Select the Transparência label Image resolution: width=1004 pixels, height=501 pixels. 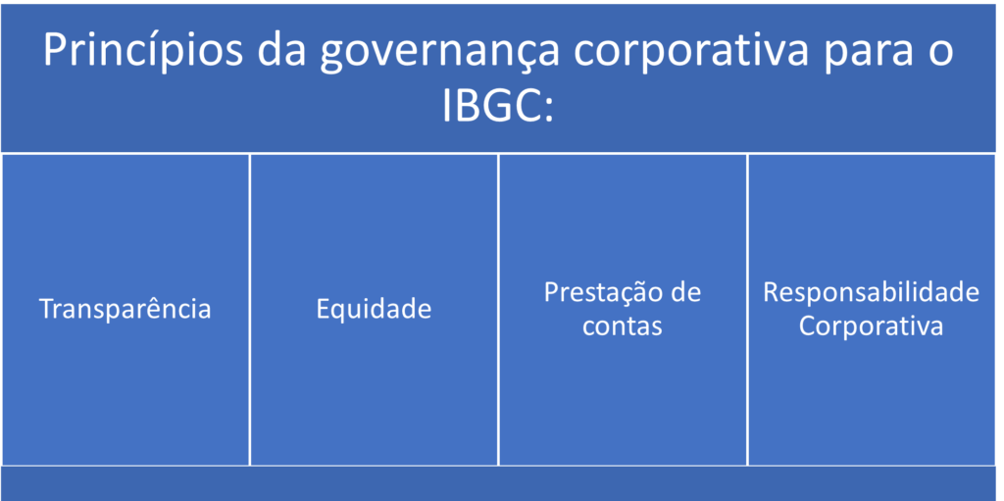point(125,309)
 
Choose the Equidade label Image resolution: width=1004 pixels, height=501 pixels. point(374,310)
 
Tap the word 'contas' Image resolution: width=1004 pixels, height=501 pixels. point(622,326)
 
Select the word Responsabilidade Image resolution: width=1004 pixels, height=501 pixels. point(871,292)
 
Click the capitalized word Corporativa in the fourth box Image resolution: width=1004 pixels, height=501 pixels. point(871,326)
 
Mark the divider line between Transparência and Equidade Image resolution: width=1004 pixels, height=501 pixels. point(250,309)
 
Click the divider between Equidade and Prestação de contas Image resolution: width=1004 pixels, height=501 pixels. point(498,309)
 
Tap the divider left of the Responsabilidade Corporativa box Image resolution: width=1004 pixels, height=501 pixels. point(747,309)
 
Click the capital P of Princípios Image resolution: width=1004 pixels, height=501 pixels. point(55,52)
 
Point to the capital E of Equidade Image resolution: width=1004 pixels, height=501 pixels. point(323,310)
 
